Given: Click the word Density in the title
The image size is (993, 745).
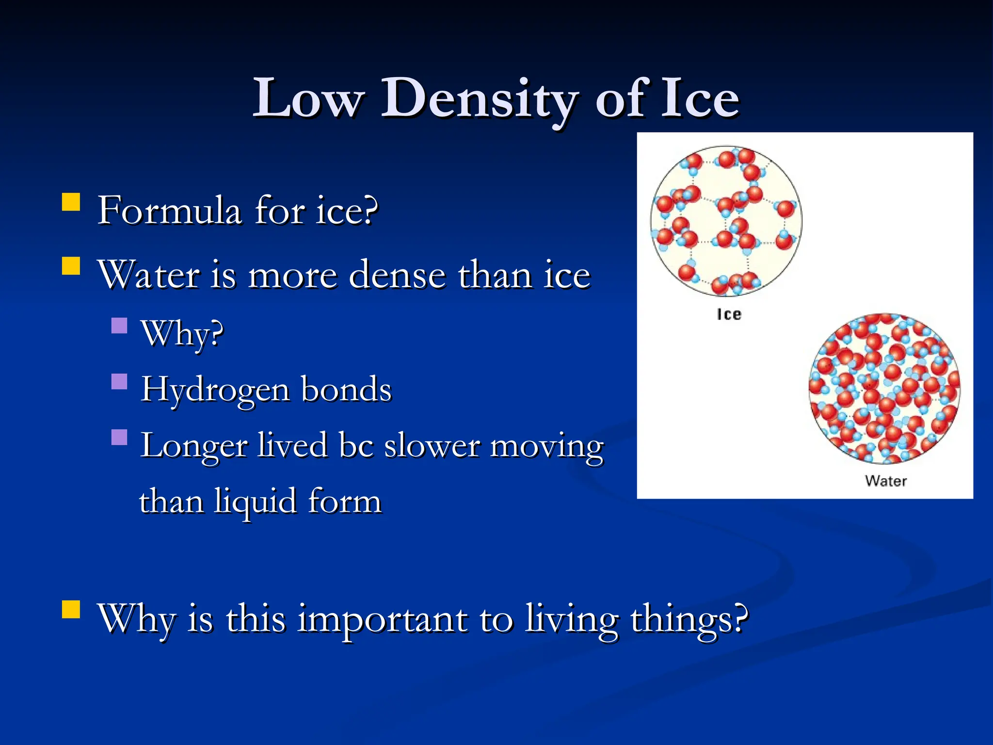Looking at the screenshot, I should point(480,99).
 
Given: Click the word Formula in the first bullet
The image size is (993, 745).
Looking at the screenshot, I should point(169,210).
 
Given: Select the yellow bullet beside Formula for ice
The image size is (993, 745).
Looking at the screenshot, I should point(71,202).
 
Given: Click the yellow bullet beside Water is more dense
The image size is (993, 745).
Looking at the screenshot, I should point(71,266).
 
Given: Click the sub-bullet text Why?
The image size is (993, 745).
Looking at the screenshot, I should point(182,334).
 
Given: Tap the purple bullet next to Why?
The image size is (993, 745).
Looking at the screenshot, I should point(119,325).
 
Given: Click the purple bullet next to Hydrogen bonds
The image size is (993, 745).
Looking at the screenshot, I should point(119,382).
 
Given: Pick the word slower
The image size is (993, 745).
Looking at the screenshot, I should point(432,445).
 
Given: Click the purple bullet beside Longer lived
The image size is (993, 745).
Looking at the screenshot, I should point(119,437).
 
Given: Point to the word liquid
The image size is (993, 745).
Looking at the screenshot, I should point(256,502).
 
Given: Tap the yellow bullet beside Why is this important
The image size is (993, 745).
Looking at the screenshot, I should point(71,610).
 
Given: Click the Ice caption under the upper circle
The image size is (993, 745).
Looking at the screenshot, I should point(729,314).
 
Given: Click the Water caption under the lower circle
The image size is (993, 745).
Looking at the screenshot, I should point(885,481).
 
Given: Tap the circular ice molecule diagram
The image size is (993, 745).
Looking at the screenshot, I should point(726,221).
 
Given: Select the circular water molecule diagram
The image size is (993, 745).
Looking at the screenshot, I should point(884,388).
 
